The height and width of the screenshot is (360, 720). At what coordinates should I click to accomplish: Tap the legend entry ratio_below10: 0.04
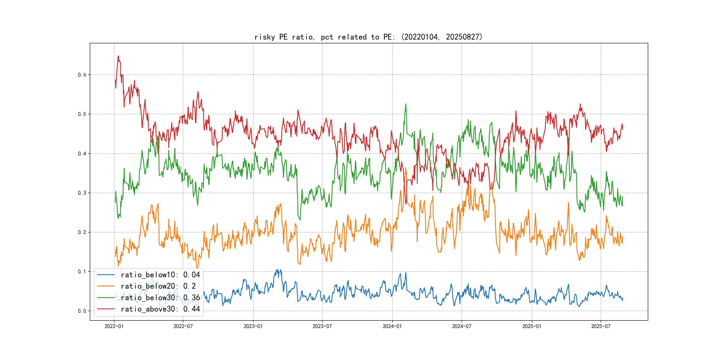[x=160, y=275]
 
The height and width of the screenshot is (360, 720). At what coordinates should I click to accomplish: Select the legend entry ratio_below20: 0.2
[x=158, y=286]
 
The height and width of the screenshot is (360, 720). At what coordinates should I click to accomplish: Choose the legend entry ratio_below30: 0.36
[x=160, y=298]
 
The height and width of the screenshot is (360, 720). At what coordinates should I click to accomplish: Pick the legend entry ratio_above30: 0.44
[x=160, y=309]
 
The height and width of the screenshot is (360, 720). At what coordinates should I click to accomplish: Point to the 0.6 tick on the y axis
[x=82, y=75]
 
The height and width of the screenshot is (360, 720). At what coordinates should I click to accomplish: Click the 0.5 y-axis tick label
[x=82, y=114]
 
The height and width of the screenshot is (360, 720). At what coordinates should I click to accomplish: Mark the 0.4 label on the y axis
[x=82, y=154]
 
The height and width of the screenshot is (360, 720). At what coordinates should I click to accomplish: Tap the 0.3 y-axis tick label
[x=82, y=193]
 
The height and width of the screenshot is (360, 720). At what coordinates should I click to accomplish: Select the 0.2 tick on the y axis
[x=82, y=232]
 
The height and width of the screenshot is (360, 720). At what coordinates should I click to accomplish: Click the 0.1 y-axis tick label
[x=82, y=272]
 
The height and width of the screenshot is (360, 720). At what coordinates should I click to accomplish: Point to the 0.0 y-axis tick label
[x=82, y=311]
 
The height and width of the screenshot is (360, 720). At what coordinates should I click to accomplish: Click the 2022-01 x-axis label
[x=114, y=326]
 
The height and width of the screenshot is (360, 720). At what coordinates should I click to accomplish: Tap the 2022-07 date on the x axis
[x=183, y=326]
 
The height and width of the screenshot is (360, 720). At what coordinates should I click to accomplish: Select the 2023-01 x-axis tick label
[x=253, y=326]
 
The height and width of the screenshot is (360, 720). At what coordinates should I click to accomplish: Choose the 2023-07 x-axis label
[x=322, y=326]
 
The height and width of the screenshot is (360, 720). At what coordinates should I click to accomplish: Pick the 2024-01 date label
[x=392, y=326]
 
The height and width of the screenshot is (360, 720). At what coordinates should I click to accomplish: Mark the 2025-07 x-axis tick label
[x=601, y=326]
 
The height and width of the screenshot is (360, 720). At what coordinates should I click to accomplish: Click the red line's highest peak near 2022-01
[x=118, y=56]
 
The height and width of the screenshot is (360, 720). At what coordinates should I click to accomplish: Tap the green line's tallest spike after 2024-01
[x=406, y=104]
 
